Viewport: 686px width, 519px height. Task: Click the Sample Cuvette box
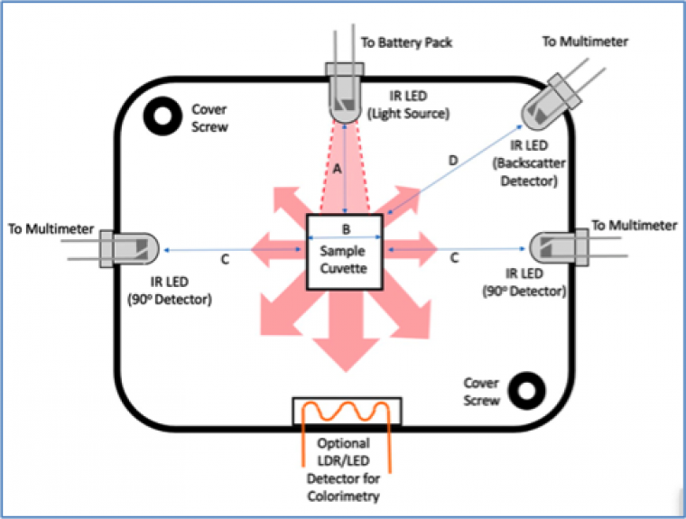345,253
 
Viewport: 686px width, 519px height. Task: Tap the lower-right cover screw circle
523,391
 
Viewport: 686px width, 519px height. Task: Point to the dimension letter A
335,169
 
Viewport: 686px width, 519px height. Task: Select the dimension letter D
454,161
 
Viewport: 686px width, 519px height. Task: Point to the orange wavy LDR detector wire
348,417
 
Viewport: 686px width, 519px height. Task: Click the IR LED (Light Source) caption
411,106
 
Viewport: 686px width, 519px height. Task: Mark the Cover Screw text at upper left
209,117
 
